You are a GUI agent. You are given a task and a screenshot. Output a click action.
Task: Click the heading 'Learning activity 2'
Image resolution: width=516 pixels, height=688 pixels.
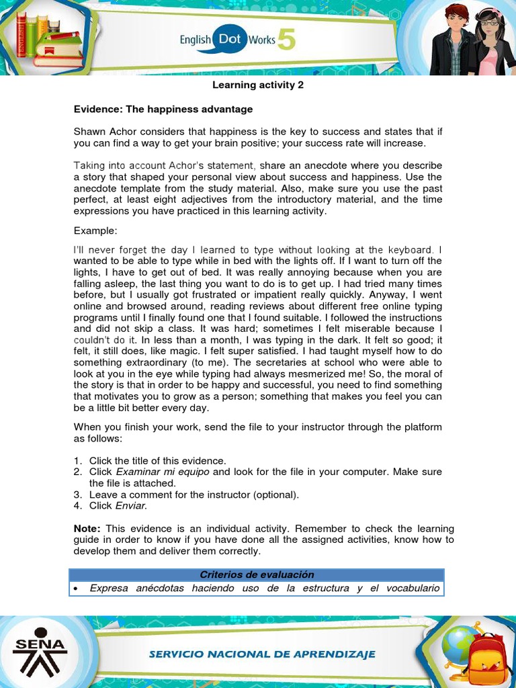click(253, 85)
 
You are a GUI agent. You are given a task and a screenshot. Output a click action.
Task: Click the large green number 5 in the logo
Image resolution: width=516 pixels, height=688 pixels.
click(286, 42)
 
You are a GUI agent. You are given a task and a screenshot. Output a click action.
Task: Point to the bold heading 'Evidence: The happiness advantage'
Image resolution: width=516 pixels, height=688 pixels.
click(163, 109)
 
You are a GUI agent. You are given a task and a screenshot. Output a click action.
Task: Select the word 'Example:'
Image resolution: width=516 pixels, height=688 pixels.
click(95, 231)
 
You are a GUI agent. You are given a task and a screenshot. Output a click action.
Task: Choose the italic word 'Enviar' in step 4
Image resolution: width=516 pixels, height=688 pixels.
click(130, 506)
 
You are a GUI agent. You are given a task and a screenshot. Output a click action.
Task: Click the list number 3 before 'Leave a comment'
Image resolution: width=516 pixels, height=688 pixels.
click(77, 494)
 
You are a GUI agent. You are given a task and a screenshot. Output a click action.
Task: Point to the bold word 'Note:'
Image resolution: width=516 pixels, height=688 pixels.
click(87, 529)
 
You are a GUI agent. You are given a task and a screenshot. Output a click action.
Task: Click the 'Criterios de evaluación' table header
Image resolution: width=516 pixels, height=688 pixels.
click(257, 574)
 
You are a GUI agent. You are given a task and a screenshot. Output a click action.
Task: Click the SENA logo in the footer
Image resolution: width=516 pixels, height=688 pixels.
click(41, 650)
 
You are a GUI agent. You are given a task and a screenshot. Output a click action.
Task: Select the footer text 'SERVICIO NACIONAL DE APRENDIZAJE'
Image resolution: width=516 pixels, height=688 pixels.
click(262, 654)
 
